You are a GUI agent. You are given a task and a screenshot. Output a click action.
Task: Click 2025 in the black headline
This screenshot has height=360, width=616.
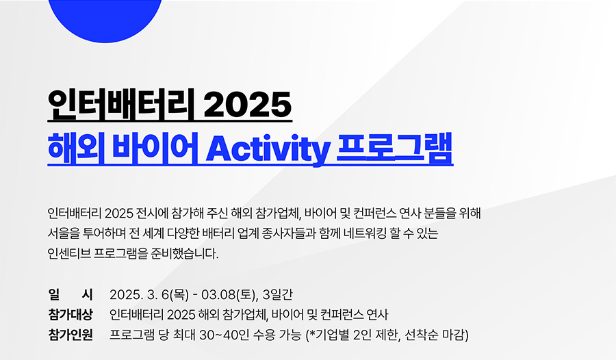[x=248, y=104]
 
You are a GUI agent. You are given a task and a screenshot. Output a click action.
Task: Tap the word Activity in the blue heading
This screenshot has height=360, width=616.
[x=268, y=149]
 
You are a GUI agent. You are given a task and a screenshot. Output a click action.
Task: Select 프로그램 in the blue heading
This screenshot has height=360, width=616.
[x=395, y=148]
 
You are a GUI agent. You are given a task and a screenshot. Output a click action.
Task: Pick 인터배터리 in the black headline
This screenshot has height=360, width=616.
[x=121, y=104]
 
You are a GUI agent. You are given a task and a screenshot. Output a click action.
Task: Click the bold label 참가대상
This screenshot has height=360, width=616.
[x=70, y=314]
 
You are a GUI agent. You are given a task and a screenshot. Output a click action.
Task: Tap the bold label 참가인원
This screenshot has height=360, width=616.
[x=70, y=335]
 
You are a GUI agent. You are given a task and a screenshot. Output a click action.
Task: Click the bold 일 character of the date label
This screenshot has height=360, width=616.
[x=53, y=294]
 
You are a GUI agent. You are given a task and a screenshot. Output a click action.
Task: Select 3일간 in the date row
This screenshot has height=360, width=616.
[x=277, y=294]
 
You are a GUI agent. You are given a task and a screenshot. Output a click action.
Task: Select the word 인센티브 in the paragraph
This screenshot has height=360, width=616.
[x=69, y=253]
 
